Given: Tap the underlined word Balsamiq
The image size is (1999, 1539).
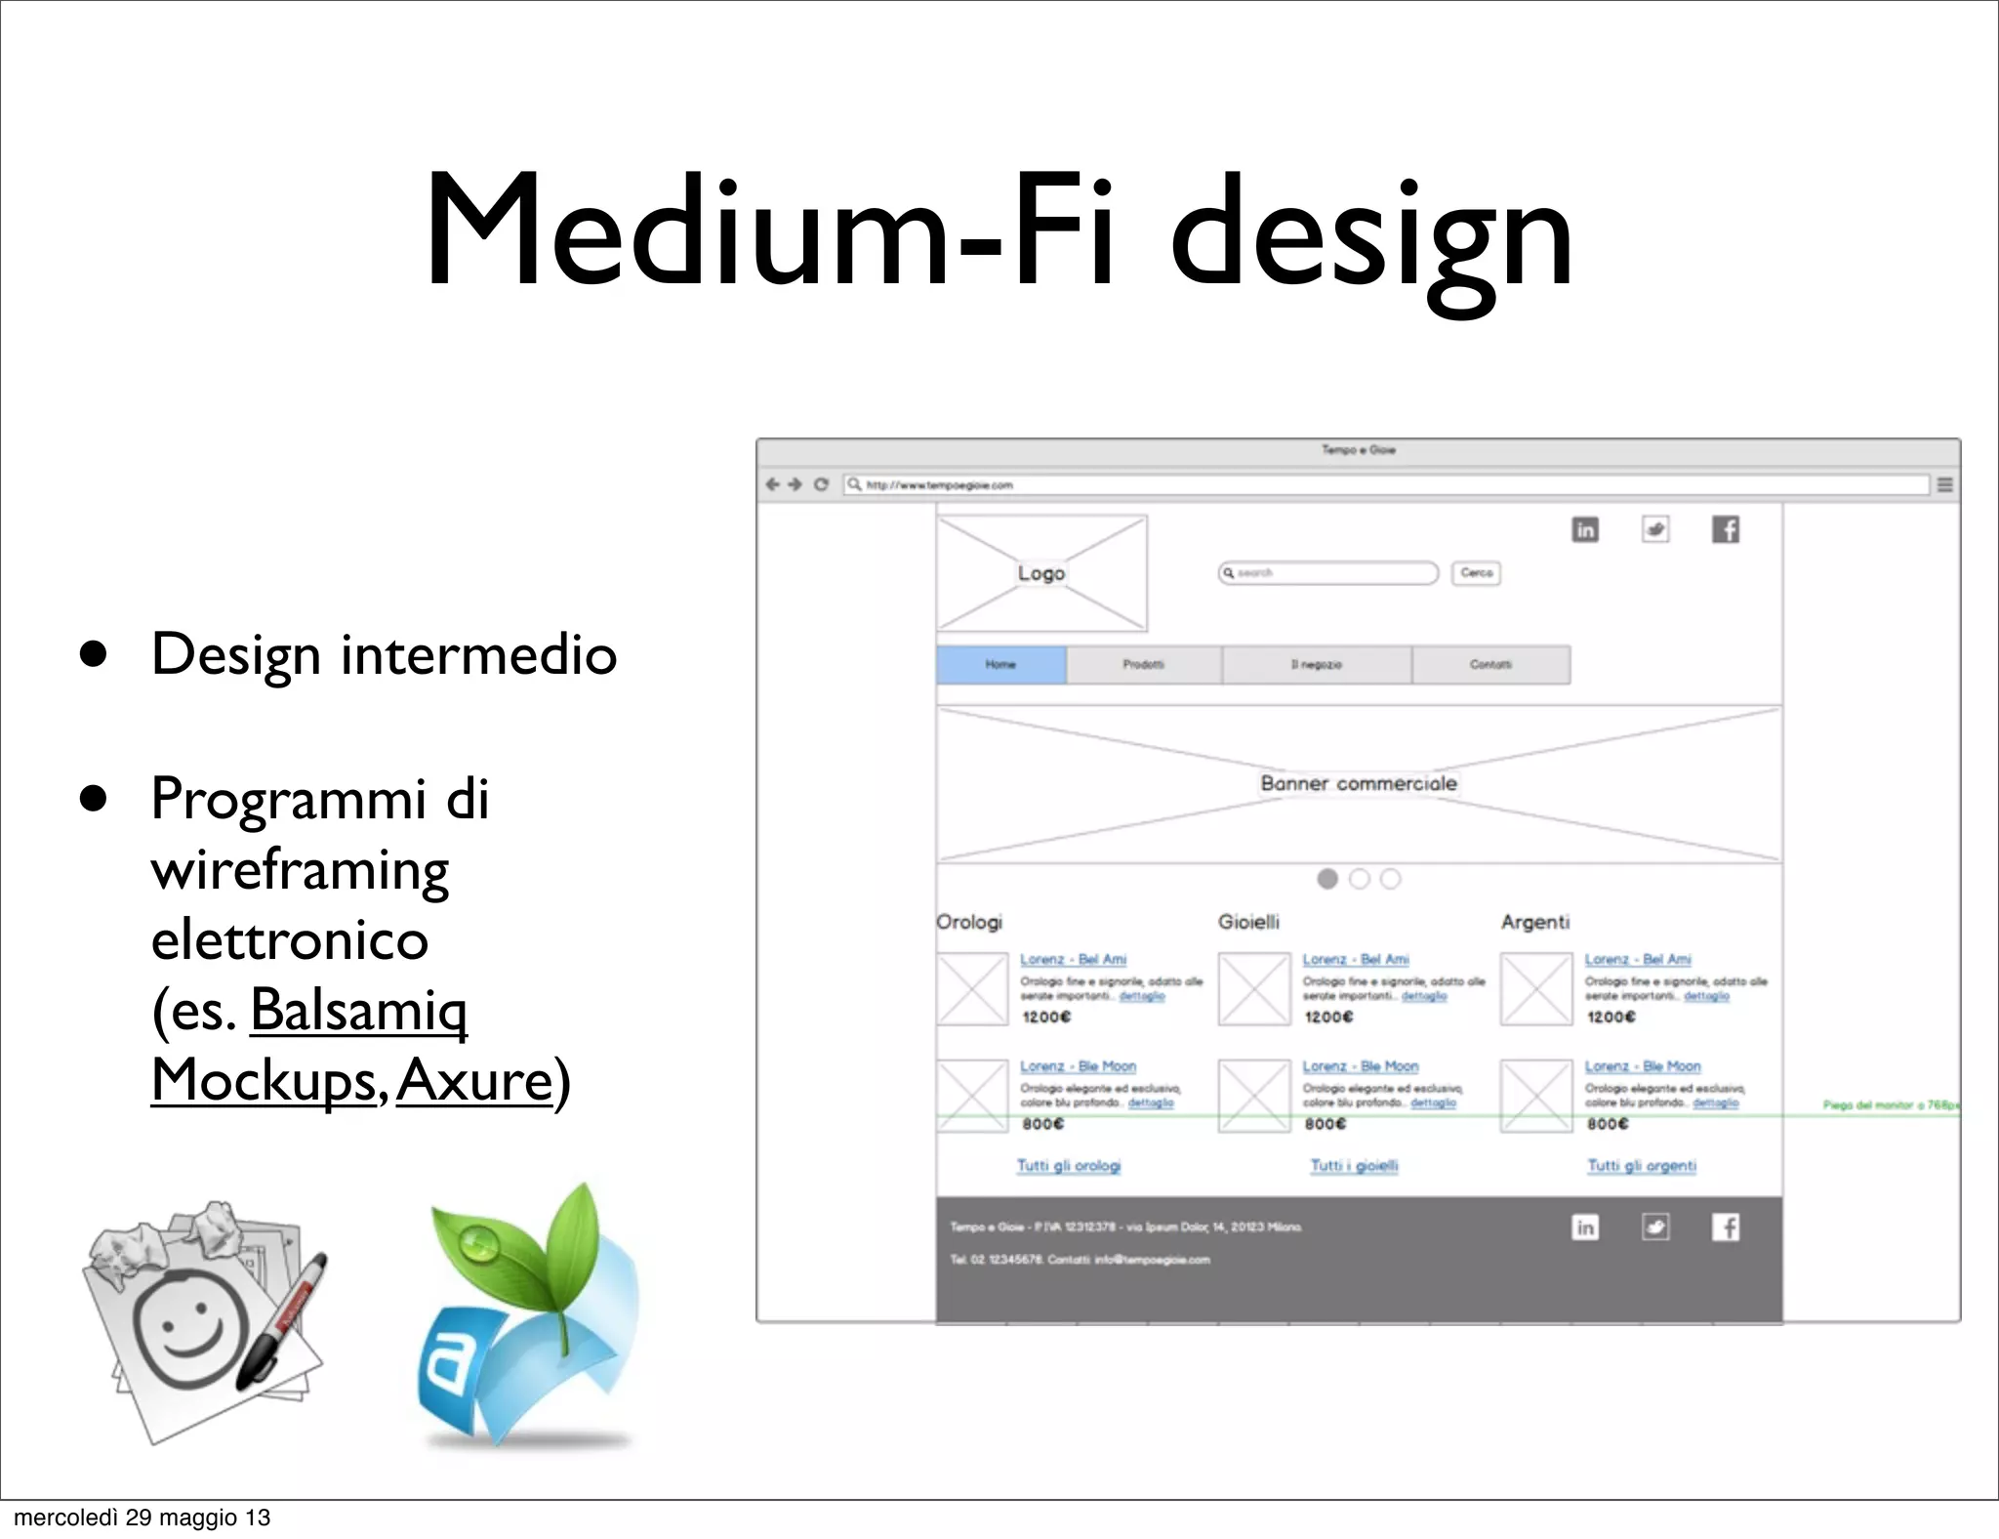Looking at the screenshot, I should tap(358, 1010).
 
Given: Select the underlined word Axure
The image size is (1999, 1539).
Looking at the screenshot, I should tap(474, 1080).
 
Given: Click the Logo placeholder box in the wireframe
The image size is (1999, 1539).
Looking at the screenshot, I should tap(1041, 573).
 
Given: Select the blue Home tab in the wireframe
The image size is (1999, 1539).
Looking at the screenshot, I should tap(1000, 665).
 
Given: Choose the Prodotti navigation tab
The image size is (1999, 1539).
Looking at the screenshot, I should tap(1143, 665).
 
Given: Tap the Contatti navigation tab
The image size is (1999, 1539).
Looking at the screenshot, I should tap(1490, 665).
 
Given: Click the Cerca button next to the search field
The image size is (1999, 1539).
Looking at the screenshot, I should tap(1476, 573).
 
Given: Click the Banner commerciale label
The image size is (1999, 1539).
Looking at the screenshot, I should tap(1358, 783).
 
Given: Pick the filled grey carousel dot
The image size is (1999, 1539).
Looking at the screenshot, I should tap(1327, 879).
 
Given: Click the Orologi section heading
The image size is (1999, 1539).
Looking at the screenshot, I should tap(969, 922).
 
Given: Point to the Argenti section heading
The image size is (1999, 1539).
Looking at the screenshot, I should tap(1534, 922).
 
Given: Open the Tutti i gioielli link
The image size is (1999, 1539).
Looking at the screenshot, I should tap(1354, 1166).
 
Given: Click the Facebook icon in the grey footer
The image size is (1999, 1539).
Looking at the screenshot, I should tap(1726, 1227).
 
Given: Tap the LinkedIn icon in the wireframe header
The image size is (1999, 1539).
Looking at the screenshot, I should tap(1585, 530).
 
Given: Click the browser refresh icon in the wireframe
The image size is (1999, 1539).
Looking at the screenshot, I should tap(821, 484).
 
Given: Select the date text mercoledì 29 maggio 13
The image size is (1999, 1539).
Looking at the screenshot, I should tap(143, 1518).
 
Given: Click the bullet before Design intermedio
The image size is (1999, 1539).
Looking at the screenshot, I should tap(94, 654).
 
